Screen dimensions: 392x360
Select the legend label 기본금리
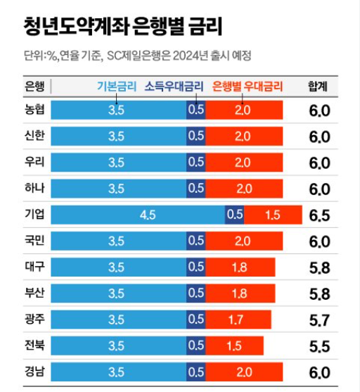116,87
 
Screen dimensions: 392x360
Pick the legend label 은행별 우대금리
247,87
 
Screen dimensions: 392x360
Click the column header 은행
34,87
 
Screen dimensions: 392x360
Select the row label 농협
34,110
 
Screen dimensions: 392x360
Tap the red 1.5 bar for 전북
234,346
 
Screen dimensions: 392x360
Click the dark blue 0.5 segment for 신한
196,137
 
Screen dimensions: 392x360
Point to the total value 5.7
319,320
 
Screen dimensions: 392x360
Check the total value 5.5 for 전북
319,346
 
